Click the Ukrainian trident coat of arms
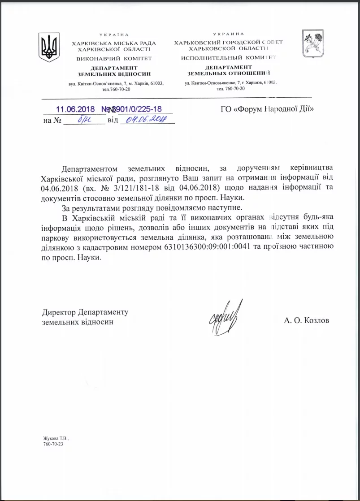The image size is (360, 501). point(49,47)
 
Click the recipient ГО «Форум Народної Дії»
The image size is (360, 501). point(267,109)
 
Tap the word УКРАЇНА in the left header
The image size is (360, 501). point(114,35)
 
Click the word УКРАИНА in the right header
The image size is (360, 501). point(229,34)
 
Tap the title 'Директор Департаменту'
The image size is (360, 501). point(85,312)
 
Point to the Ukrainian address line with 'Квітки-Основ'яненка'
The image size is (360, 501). point(116,84)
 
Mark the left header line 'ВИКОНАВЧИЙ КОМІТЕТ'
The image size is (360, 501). point(114,58)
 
